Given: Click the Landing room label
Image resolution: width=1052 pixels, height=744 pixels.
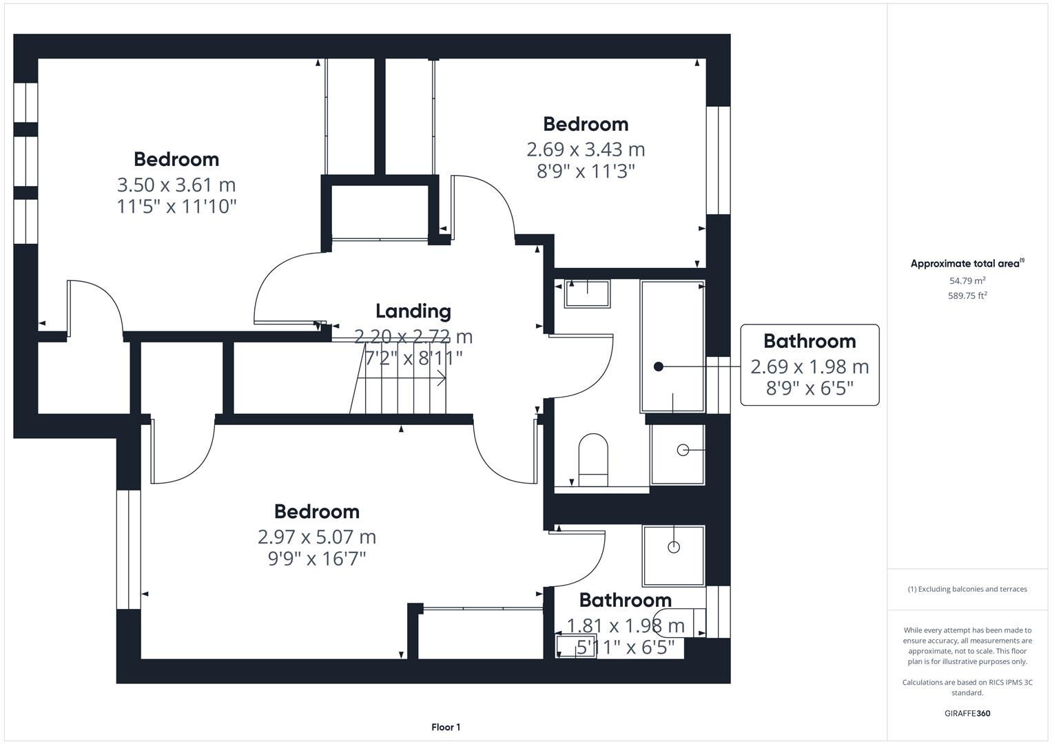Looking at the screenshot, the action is coord(413,311).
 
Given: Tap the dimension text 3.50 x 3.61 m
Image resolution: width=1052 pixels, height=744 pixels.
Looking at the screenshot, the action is coord(176,185).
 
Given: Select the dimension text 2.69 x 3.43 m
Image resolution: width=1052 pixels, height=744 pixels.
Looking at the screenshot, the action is coord(586,149).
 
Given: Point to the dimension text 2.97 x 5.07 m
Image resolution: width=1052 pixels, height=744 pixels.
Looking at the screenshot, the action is coord(317,537).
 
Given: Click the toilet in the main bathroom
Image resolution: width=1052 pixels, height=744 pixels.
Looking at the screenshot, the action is coord(593,460).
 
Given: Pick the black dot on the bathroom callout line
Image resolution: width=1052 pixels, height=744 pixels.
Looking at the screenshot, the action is coord(659,366).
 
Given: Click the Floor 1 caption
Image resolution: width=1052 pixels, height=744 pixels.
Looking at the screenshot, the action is coord(446,727).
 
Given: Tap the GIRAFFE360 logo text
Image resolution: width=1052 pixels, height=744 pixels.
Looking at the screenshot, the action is coord(967,713).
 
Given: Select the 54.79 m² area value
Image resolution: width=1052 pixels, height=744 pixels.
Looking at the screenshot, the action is coord(967,280).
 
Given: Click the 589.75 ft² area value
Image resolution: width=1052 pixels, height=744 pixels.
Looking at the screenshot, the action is coord(967,296).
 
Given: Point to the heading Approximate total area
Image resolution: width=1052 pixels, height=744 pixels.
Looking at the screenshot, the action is coord(967,263).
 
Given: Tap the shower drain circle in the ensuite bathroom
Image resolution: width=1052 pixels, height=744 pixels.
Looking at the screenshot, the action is coord(674,547).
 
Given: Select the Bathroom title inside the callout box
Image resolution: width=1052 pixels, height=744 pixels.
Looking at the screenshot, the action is coord(809,342).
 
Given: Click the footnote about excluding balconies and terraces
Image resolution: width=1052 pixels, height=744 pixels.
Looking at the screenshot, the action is coord(967,589).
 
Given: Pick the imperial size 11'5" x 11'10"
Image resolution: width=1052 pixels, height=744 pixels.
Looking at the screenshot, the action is coord(176,207).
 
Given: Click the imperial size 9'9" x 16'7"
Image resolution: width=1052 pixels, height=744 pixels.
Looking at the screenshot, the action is coord(317,559).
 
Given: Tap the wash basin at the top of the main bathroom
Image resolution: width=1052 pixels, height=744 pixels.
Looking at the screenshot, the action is coord(587,293).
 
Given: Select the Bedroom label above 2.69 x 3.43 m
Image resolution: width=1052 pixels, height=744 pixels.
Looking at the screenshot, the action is coord(586,125).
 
